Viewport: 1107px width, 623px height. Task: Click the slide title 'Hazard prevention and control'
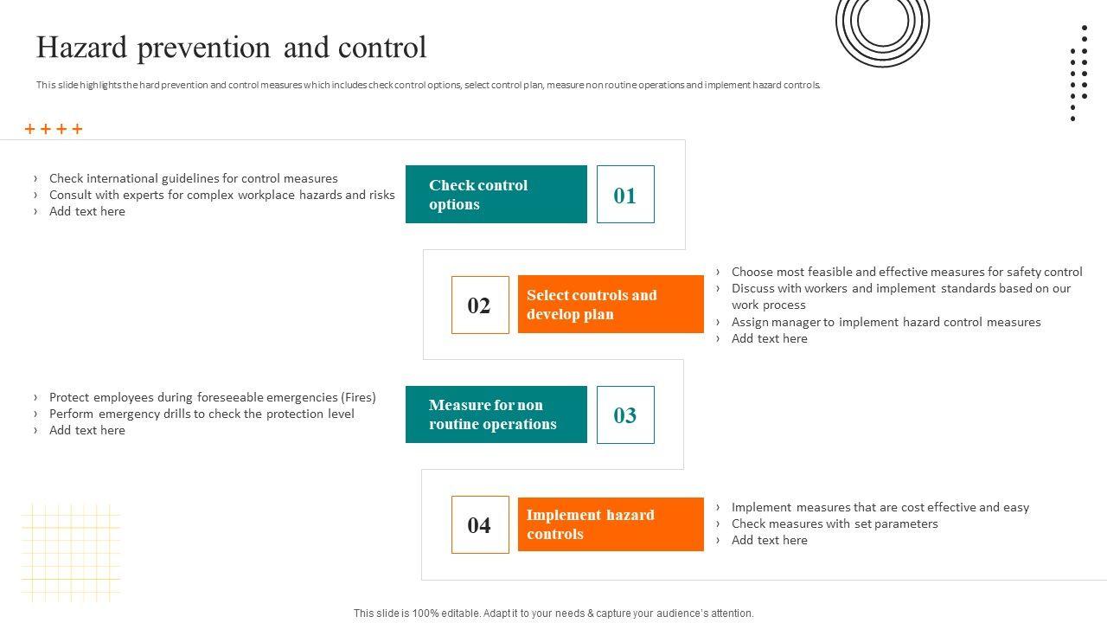point(231,48)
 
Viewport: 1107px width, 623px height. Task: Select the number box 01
point(625,195)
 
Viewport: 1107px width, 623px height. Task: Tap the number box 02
point(480,305)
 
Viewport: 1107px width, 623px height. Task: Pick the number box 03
point(625,415)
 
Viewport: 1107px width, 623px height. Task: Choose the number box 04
point(480,525)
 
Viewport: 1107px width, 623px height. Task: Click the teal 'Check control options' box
point(496,195)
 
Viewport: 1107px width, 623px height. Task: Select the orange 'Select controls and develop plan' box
point(611,305)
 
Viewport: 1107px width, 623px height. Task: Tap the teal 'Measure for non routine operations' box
point(496,415)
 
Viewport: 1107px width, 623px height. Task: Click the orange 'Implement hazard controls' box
point(611,524)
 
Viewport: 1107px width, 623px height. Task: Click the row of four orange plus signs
point(54,129)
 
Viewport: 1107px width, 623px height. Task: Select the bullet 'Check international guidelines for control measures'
point(193,178)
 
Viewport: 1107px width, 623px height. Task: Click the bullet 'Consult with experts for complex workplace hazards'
point(221,195)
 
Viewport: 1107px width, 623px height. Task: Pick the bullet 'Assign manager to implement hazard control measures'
point(886,322)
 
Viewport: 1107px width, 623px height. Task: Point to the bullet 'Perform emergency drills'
point(202,414)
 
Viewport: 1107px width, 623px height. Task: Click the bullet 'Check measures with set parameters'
point(835,523)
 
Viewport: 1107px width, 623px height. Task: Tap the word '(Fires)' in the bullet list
point(358,397)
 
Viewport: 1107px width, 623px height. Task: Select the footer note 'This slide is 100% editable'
point(553,613)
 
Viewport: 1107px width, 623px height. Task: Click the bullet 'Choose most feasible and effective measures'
point(906,272)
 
